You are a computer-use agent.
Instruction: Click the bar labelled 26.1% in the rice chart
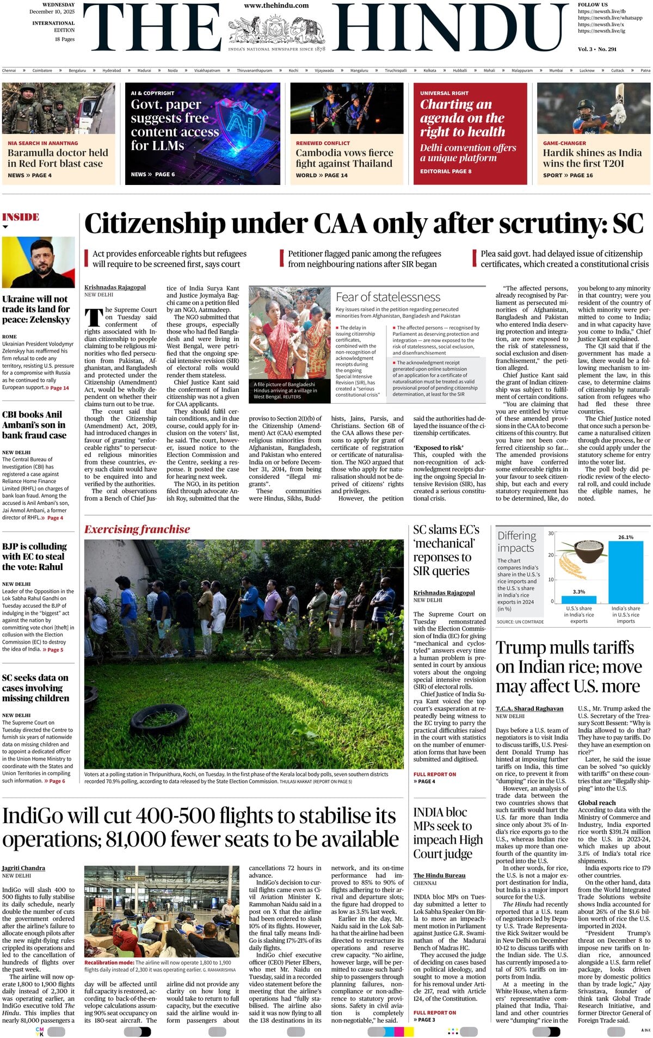coord(625,571)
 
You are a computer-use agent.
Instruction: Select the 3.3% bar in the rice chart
coord(578,599)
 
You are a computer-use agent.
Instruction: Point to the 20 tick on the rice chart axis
coord(551,555)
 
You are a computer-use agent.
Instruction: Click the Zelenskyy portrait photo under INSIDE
coord(38,262)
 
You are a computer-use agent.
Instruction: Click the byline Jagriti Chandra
coord(23,868)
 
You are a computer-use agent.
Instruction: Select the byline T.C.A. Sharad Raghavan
coord(529,708)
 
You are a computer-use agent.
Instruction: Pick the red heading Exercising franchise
coord(137,529)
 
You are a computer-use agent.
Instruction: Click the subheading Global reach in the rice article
coord(596,802)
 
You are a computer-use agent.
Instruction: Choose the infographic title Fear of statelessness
coord(388,297)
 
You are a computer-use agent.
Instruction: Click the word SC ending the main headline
coord(627,224)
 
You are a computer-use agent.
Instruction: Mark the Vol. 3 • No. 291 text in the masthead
coord(597,49)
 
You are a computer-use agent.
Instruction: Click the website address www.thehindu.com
coord(276,5)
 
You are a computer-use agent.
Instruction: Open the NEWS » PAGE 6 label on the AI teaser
coord(152,174)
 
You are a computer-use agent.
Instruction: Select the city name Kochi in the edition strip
coord(293,70)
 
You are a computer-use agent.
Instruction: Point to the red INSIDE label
coord(21,217)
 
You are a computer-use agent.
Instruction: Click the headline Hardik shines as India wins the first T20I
coord(592,158)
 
